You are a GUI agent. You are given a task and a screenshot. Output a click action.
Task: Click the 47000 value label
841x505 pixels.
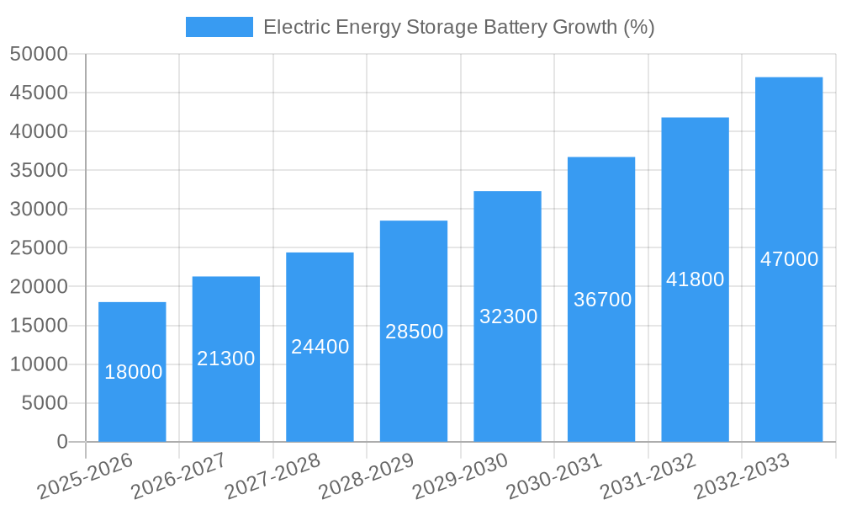[x=789, y=259]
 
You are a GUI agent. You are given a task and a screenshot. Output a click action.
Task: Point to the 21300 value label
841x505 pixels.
[x=226, y=359]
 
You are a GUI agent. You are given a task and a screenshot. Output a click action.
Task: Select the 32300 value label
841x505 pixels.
[x=508, y=316]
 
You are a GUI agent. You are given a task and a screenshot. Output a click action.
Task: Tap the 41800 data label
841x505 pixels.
[x=695, y=279]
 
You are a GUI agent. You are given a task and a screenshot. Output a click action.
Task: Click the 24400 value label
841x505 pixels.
[x=320, y=346]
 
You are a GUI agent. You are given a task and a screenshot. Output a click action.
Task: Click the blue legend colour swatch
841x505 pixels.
[x=219, y=27]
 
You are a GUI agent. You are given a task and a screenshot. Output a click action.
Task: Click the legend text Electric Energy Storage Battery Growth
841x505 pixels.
[x=458, y=27]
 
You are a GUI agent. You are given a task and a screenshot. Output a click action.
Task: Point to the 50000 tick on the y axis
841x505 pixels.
[x=39, y=54]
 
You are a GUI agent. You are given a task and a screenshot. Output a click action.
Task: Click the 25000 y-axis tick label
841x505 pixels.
[x=39, y=248]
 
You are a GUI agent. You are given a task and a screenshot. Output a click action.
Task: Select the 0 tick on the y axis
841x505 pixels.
[x=61, y=442]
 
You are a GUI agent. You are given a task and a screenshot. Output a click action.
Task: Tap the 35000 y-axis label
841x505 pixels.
[x=39, y=171]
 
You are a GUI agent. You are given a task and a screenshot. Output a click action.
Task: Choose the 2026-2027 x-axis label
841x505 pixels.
[x=178, y=476]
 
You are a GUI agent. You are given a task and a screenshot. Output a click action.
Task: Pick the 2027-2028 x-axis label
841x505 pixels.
[x=272, y=476]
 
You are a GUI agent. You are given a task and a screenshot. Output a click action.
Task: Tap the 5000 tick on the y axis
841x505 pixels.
[x=44, y=403]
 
